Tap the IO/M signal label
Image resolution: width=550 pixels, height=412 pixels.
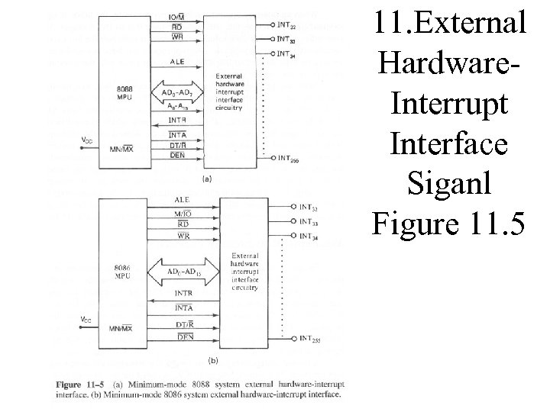click(x=177, y=17)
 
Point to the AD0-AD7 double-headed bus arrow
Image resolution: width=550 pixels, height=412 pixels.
click(x=177, y=93)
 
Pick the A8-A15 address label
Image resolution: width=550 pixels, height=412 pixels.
click(x=177, y=107)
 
